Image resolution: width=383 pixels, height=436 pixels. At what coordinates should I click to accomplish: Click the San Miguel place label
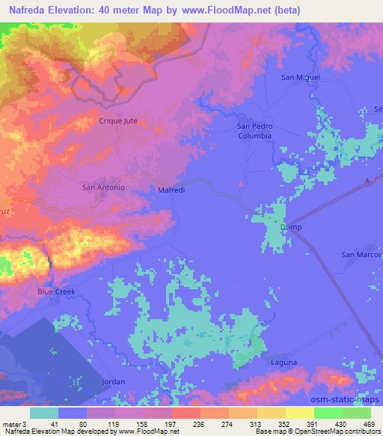click(x=299, y=77)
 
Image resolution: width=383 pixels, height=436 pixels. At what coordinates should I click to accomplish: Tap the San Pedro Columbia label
click(x=254, y=131)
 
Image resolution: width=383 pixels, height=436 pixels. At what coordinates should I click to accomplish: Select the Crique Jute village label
click(x=118, y=120)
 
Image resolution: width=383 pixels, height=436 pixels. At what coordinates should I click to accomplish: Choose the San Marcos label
click(x=361, y=255)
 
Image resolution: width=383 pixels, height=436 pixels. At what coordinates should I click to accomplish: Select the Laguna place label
click(x=284, y=363)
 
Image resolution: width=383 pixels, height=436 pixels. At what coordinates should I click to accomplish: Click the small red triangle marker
click(x=367, y=181)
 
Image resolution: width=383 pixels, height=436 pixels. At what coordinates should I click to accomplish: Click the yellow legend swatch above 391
click(x=299, y=413)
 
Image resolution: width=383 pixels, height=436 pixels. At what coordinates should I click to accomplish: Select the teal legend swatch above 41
click(x=44, y=413)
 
